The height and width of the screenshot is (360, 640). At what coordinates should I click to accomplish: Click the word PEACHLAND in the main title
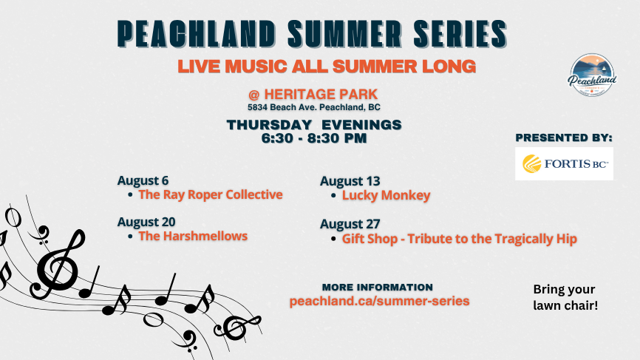pos(197,33)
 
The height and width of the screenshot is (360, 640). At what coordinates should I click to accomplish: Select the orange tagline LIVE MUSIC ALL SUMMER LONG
pos(327,67)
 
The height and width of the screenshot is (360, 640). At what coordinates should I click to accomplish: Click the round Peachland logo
pos(592,75)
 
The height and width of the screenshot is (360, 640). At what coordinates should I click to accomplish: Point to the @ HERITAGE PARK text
pos(313,95)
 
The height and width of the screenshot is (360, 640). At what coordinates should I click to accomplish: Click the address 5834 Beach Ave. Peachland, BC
pos(314,107)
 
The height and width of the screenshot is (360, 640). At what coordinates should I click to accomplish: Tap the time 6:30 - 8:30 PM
pos(314,138)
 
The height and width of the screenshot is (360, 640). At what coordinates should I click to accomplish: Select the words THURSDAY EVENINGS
pos(314,124)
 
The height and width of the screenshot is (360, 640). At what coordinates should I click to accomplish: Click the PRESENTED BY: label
pos(564,137)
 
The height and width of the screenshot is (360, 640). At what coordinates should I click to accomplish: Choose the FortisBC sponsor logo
pos(564,163)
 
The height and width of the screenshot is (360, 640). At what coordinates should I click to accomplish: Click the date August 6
pos(143,180)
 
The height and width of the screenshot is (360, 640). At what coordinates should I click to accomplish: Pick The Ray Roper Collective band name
pos(211,194)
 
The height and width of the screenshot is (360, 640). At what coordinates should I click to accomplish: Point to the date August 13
pos(350,181)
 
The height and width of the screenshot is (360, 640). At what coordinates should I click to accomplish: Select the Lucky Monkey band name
pos(386,195)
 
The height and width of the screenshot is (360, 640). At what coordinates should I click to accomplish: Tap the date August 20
pos(146,222)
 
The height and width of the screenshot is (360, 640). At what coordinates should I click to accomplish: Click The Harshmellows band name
pos(193,236)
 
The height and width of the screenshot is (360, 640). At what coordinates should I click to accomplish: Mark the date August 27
pos(350,224)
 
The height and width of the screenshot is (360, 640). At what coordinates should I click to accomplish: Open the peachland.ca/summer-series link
pos(380,301)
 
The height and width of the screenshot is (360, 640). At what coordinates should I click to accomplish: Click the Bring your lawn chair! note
pos(565,297)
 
